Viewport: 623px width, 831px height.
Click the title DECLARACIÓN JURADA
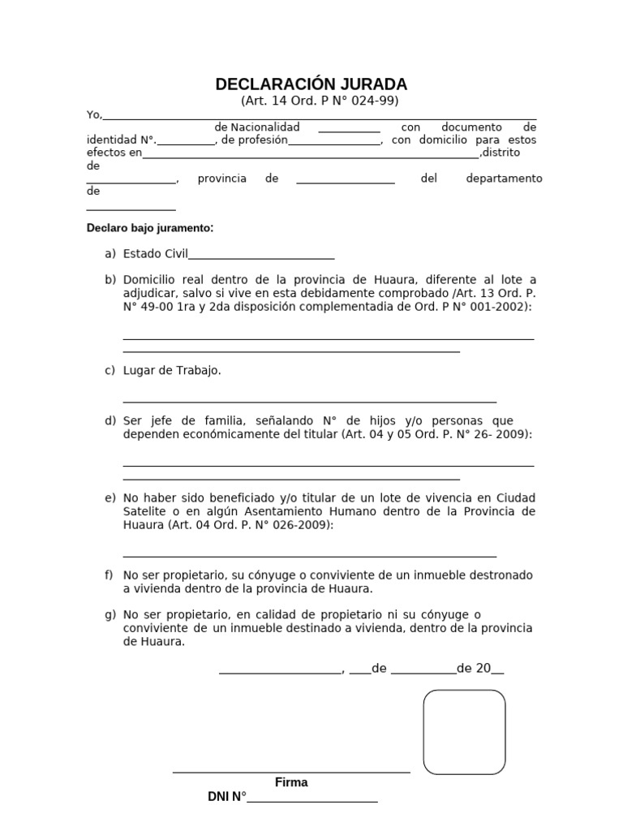click(311, 84)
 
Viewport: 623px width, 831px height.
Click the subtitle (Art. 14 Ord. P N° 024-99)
click(320, 101)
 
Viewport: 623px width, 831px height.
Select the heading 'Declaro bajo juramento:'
click(150, 228)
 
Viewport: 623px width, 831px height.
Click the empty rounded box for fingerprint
click(464, 732)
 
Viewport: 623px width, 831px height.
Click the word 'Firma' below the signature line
click(291, 783)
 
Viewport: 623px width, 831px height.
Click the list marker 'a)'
click(110, 254)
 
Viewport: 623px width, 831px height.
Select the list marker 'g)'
click(110, 614)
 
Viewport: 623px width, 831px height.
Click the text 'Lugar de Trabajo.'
click(172, 371)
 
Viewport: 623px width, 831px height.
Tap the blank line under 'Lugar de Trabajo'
click(309, 401)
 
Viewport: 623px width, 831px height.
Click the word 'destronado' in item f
click(504, 575)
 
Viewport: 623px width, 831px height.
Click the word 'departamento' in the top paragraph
click(504, 179)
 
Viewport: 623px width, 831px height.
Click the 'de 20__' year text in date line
click(480, 669)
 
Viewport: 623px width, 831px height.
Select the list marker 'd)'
click(110, 420)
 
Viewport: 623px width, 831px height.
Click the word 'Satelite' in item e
click(144, 511)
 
